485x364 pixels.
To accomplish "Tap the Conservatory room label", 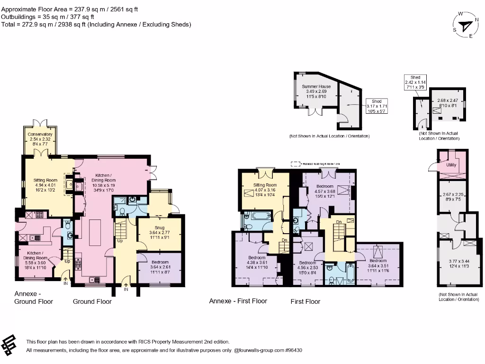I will tap(40, 134).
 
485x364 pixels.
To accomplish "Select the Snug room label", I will tap(159, 228).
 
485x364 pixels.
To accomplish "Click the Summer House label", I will tap(316, 87).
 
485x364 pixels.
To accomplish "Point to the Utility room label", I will tap(451, 165).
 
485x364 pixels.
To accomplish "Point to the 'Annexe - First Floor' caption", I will tap(238, 301).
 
